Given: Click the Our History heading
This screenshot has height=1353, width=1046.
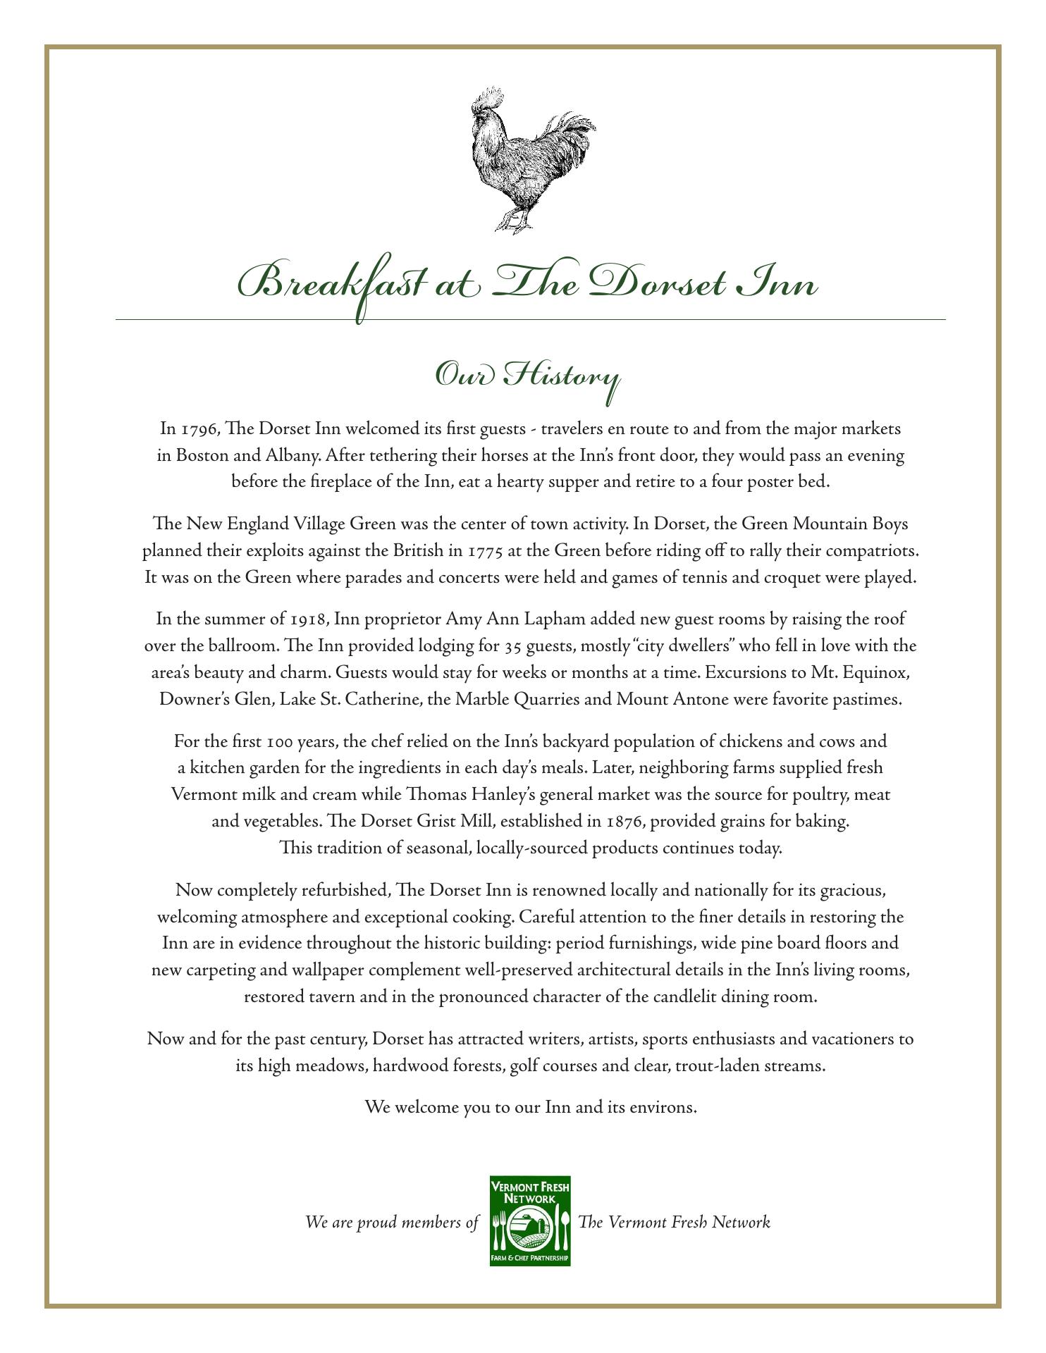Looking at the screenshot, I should coord(527,376).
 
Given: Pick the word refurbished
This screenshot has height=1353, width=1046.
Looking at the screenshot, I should coord(345,891).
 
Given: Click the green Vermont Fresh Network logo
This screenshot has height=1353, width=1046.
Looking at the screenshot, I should coord(530,1222).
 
